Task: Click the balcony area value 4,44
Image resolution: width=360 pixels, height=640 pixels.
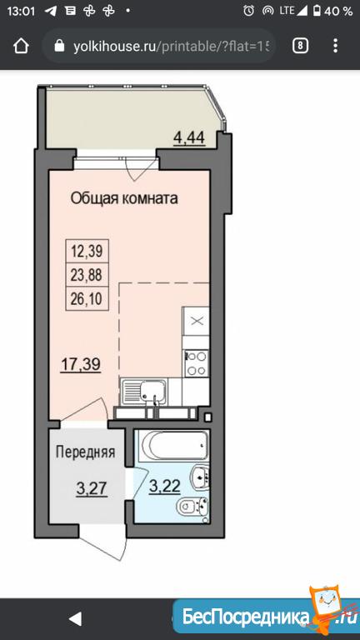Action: coord(189,137)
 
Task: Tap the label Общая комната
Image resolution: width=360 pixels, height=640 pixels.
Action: coord(124,199)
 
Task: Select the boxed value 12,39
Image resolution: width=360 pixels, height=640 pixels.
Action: coord(87,251)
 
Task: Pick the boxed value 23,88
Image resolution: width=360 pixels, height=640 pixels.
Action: coord(87,275)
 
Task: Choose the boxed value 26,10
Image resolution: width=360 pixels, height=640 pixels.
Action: coord(87,299)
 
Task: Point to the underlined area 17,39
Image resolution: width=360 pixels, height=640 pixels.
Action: coord(81,363)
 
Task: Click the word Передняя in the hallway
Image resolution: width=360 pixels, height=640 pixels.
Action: coord(85,452)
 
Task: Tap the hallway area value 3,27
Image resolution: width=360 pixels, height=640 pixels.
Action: coord(92,487)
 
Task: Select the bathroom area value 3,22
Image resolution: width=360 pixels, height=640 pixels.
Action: coord(164,486)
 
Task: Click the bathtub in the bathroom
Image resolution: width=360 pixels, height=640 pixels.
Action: coord(172,446)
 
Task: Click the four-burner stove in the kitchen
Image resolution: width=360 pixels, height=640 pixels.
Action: coord(197,363)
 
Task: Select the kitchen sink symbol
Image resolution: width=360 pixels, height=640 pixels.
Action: coord(144,392)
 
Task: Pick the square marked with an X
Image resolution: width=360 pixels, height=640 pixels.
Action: coord(197,321)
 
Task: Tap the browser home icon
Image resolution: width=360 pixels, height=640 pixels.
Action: coord(21,46)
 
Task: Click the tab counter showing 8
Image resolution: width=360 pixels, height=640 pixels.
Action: coord(300,46)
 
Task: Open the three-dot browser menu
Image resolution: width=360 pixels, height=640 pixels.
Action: coord(335,46)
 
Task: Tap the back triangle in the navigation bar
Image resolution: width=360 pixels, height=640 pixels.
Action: coord(76,619)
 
